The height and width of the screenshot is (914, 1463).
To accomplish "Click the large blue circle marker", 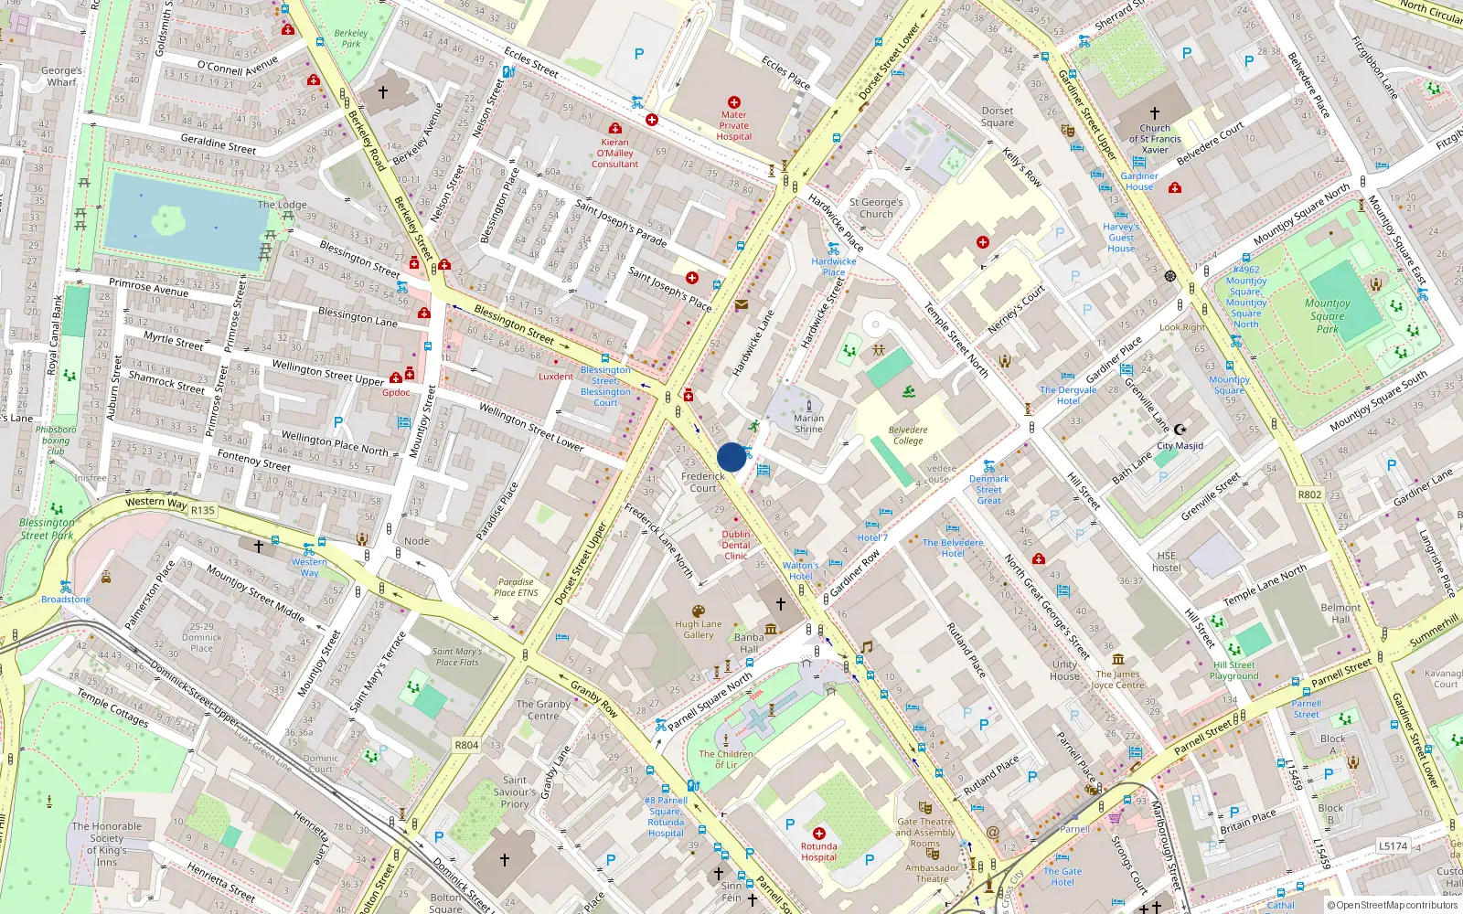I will [x=731, y=457].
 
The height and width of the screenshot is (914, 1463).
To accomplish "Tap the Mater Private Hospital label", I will [x=734, y=126].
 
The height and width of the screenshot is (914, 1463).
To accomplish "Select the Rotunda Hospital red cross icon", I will [x=819, y=834].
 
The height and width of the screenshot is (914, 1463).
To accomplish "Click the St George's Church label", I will [x=876, y=208].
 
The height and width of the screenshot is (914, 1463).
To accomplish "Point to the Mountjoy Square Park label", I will [x=1328, y=315].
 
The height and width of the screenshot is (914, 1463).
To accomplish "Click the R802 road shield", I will [x=1309, y=494].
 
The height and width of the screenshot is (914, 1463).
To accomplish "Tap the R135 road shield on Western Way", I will [x=203, y=511].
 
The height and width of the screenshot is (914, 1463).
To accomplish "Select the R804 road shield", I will [x=466, y=745].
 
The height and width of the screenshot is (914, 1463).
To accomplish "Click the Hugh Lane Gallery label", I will [x=699, y=630].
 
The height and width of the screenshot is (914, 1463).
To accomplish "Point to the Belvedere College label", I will [x=908, y=435].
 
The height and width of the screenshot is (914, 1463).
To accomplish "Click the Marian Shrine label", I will [x=808, y=423].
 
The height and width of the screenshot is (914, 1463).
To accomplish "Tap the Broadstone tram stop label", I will [x=66, y=600].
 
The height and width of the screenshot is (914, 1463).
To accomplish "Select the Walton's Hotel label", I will [x=801, y=570].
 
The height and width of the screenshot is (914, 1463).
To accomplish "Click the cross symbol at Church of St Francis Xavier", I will [x=1155, y=113].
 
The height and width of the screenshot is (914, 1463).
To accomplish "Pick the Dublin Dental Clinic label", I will [x=736, y=545].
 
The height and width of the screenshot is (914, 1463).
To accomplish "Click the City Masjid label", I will [x=1180, y=446].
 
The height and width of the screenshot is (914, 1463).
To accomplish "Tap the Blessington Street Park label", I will [x=48, y=529].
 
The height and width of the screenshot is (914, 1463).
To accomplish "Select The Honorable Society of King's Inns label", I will [x=107, y=844].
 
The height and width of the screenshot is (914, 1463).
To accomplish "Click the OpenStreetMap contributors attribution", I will [x=1393, y=905].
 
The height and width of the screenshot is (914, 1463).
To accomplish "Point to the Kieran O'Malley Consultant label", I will [x=614, y=153].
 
